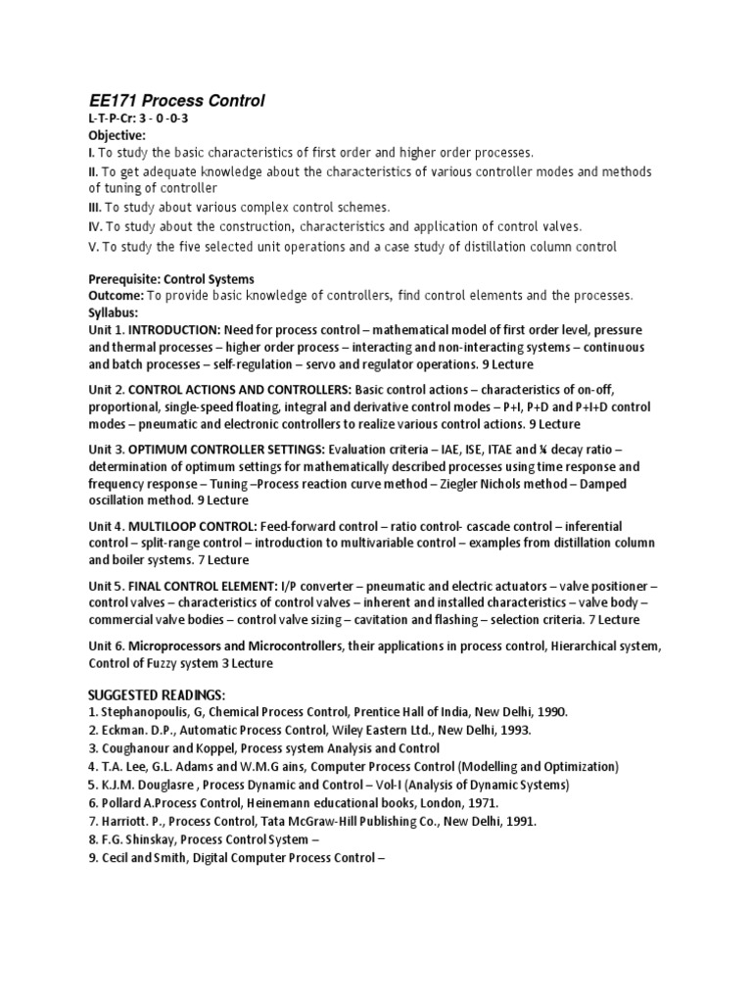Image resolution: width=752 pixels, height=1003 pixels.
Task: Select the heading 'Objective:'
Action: point(117,135)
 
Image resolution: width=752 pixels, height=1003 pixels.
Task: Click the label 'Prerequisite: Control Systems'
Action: point(171,279)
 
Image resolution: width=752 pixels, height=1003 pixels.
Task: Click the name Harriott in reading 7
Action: point(128,820)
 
